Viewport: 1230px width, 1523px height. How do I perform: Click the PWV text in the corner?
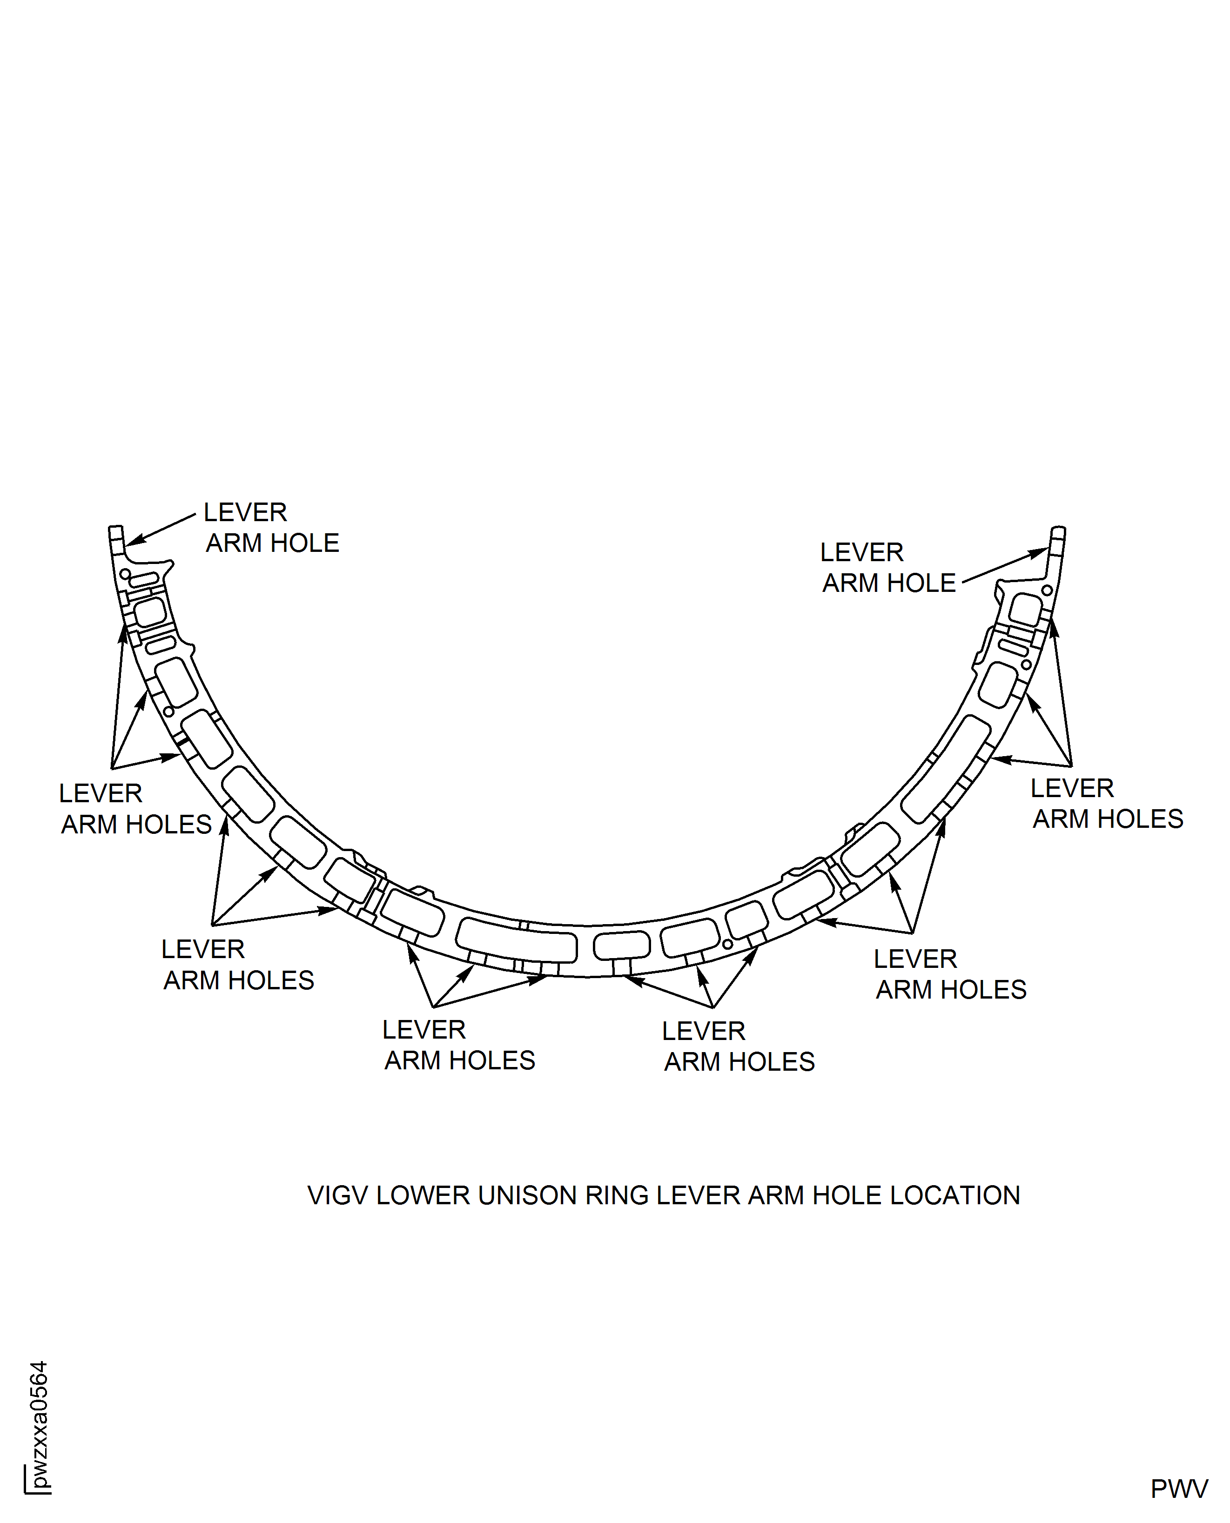click(x=1178, y=1489)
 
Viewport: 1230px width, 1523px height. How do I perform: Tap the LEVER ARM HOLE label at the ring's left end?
click(x=271, y=528)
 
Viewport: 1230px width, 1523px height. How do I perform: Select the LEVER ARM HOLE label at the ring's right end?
click(x=888, y=567)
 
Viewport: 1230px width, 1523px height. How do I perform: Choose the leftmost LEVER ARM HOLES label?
click(x=134, y=809)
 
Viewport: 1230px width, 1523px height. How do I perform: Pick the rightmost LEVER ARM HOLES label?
click(x=1106, y=803)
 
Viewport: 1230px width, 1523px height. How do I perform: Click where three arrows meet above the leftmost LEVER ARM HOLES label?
click(x=112, y=768)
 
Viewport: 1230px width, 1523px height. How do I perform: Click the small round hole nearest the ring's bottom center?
click(x=728, y=944)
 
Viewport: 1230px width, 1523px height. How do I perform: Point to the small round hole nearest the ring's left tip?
click(x=125, y=573)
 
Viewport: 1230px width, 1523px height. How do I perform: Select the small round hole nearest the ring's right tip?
click(x=1047, y=590)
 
